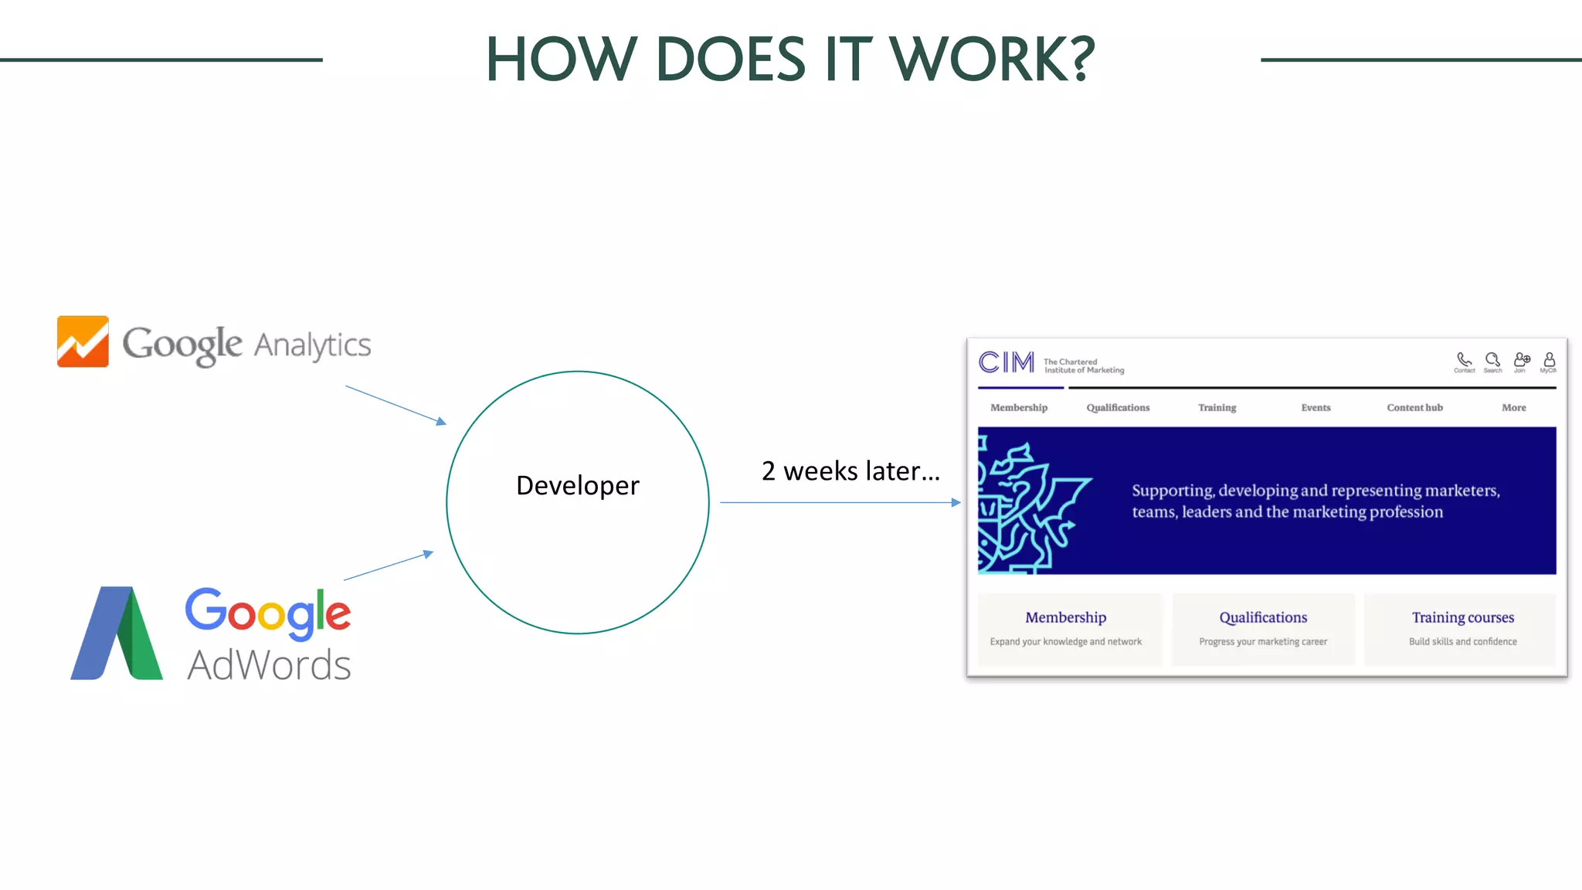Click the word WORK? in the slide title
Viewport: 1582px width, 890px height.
[993, 59]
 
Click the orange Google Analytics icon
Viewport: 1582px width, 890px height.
[83, 341]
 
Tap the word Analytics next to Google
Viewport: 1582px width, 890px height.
[312, 345]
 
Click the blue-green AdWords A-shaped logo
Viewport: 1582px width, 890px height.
[117, 634]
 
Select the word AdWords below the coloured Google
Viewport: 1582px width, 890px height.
[269, 664]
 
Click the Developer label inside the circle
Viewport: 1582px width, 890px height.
[577, 485]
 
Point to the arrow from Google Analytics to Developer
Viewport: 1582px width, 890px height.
[395, 405]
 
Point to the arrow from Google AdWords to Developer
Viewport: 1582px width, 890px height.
[389, 566]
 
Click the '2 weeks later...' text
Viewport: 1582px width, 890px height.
[850, 470]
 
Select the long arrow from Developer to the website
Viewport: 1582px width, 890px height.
[840, 502]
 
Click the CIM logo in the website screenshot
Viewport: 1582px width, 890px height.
[1006, 362]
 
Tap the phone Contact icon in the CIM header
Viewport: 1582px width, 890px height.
[1464, 360]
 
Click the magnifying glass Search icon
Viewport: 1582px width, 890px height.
[1492, 360]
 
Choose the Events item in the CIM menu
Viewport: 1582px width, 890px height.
[1316, 407]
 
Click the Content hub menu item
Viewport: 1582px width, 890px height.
[1414, 407]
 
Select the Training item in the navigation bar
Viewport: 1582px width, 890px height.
[1217, 407]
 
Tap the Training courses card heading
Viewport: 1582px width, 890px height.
[1462, 617]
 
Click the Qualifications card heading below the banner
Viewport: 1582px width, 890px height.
[1263, 617]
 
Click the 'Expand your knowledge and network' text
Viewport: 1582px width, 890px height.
[1065, 641]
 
